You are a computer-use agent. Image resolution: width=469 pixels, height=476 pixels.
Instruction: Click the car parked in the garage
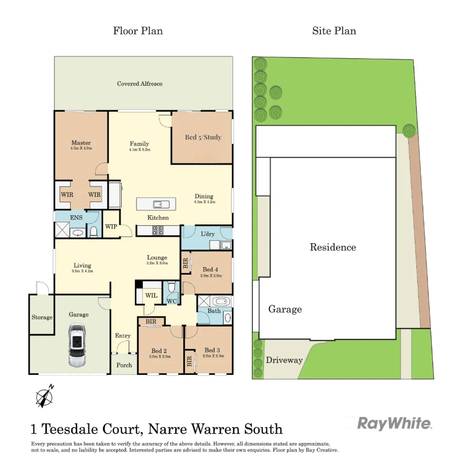tap(78, 346)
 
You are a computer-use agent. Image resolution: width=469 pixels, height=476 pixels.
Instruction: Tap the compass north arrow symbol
tap(44, 396)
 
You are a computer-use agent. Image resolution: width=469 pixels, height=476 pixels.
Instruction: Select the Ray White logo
tap(395, 423)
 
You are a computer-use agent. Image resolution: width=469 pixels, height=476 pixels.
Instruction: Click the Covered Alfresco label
tap(140, 83)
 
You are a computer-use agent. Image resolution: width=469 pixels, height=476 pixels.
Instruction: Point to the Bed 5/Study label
tap(203, 137)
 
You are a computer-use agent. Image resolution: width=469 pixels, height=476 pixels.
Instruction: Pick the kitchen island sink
tap(162, 204)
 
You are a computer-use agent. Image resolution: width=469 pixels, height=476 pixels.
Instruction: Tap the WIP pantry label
tap(111, 226)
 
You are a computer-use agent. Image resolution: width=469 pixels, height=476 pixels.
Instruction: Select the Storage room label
tap(42, 317)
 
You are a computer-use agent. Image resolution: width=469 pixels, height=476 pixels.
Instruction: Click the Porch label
tap(124, 365)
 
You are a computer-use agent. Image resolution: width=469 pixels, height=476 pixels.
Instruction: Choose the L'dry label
tap(207, 234)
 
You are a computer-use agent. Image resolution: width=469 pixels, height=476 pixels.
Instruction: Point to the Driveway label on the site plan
tap(284, 360)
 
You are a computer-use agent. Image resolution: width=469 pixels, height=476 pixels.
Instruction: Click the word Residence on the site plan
tap(333, 248)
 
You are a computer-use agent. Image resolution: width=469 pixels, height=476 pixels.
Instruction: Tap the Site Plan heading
tap(334, 31)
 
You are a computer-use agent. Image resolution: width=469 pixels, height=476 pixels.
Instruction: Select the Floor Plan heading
tap(138, 31)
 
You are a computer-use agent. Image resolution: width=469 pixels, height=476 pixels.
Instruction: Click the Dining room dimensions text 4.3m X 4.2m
tap(204, 202)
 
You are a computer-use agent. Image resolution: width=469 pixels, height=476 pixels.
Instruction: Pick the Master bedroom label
tap(81, 142)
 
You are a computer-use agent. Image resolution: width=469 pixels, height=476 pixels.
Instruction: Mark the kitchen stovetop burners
tap(158, 230)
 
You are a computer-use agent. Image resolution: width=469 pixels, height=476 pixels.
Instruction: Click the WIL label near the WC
tap(151, 295)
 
